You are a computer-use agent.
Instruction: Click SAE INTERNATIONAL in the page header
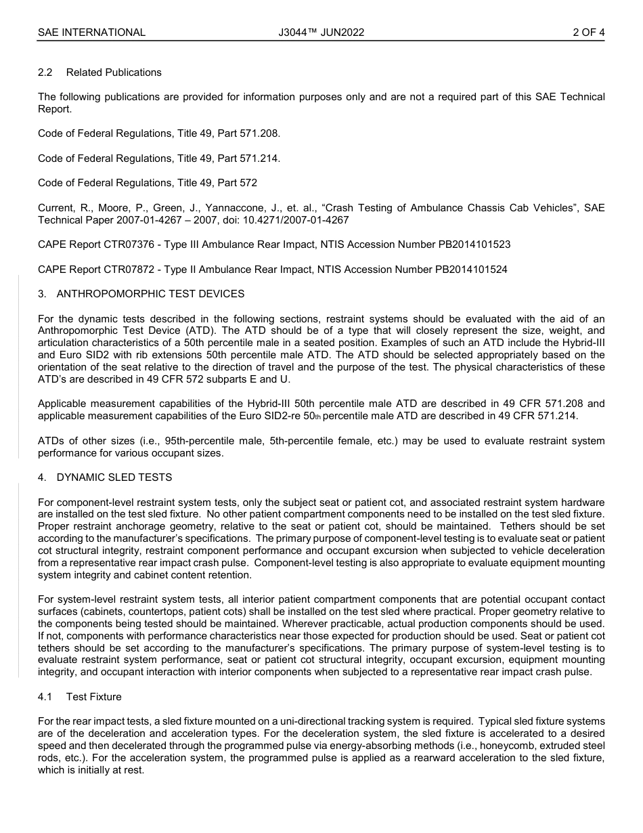pyautogui.click(x=91, y=33)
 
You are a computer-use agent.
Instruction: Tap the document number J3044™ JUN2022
pyautogui.click(x=321, y=33)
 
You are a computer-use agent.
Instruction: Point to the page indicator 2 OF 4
pyautogui.click(x=588, y=33)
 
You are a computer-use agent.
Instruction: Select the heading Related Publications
pyautogui.click(x=114, y=72)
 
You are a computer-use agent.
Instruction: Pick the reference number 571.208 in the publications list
pyautogui.click(x=259, y=134)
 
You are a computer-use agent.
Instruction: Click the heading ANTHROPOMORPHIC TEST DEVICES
pyautogui.click(x=150, y=294)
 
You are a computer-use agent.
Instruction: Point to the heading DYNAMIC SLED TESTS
pyautogui.click(x=114, y=477)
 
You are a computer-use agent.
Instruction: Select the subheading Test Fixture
pyautogui.click(x=94, y=697)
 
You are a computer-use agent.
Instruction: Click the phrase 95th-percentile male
pyautogui.click(x=207, y=441)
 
